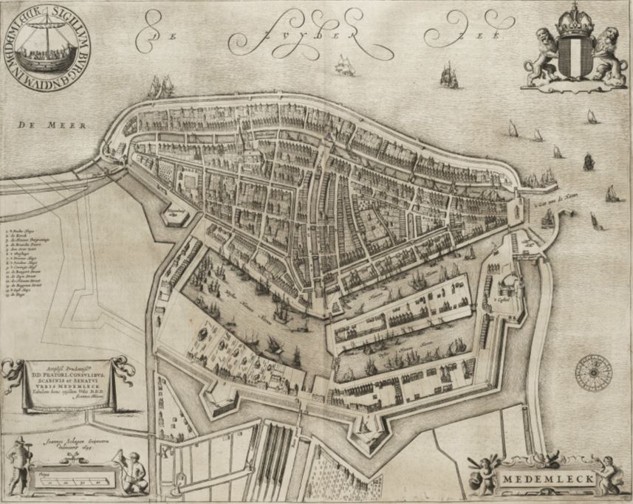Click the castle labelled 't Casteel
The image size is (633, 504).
[505, 284]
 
